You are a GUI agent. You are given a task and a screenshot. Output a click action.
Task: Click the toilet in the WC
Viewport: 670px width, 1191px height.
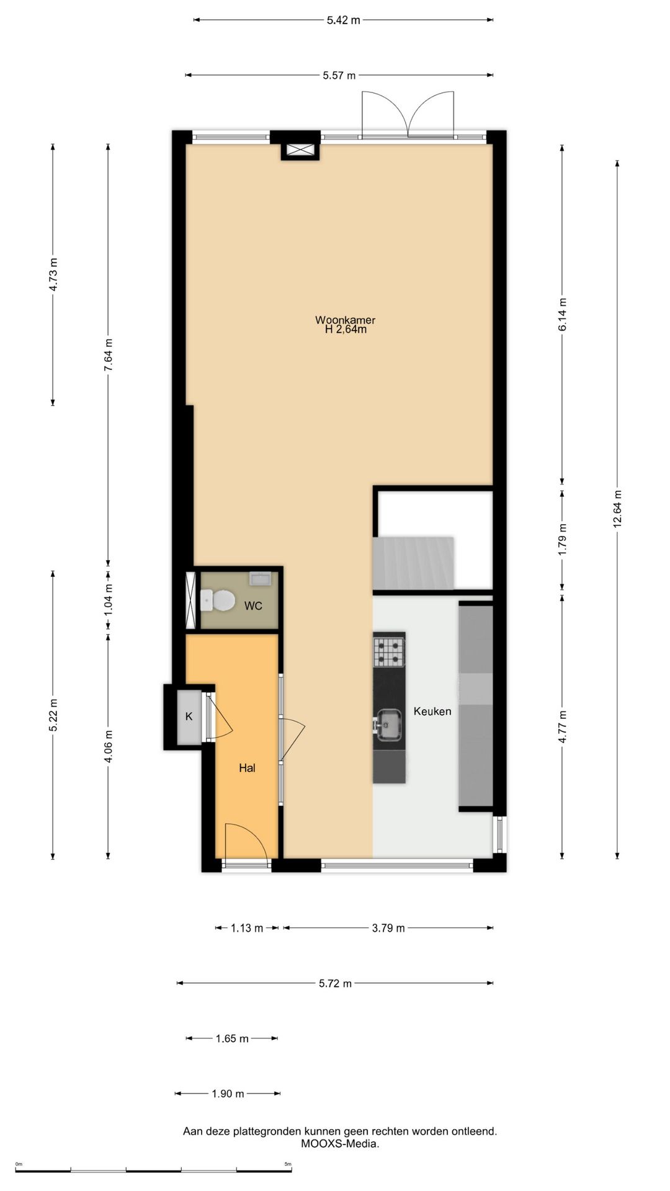pos(218,600)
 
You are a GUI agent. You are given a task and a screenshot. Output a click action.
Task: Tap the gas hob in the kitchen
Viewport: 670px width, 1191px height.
pos(389,649)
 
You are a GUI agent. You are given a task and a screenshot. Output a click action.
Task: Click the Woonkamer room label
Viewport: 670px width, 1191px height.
pos(345,320)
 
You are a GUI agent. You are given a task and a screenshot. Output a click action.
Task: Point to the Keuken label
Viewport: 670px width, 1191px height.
pos(432,711)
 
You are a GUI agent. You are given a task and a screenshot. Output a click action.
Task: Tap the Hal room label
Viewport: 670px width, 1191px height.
pos(247,768)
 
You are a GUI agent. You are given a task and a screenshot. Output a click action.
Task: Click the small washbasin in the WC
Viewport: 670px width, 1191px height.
pos(259,578)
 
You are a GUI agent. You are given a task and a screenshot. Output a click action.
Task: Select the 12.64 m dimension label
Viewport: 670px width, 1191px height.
pos(617,509)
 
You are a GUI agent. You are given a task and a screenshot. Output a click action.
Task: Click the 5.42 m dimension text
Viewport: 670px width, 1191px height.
pos(343,20)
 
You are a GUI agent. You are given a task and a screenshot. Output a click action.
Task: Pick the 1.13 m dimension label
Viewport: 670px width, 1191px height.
pos(247,928)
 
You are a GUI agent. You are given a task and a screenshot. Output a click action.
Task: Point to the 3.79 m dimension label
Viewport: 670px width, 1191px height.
pos(388,928)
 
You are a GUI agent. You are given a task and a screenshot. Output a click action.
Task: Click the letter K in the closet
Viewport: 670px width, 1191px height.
pos(189,716)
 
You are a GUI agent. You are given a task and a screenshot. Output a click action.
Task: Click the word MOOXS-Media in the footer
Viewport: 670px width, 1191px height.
pos(340,1143)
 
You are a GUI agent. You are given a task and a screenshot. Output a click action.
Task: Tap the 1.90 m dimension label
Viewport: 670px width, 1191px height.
pos(228,1094)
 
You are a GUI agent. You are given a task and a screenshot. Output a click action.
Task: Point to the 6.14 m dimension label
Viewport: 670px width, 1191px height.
pos(563,314)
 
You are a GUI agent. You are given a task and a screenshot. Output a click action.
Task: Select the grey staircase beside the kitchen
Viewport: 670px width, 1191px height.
pos(413,563)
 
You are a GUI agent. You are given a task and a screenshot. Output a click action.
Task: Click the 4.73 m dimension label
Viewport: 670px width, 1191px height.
pos(53,274)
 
